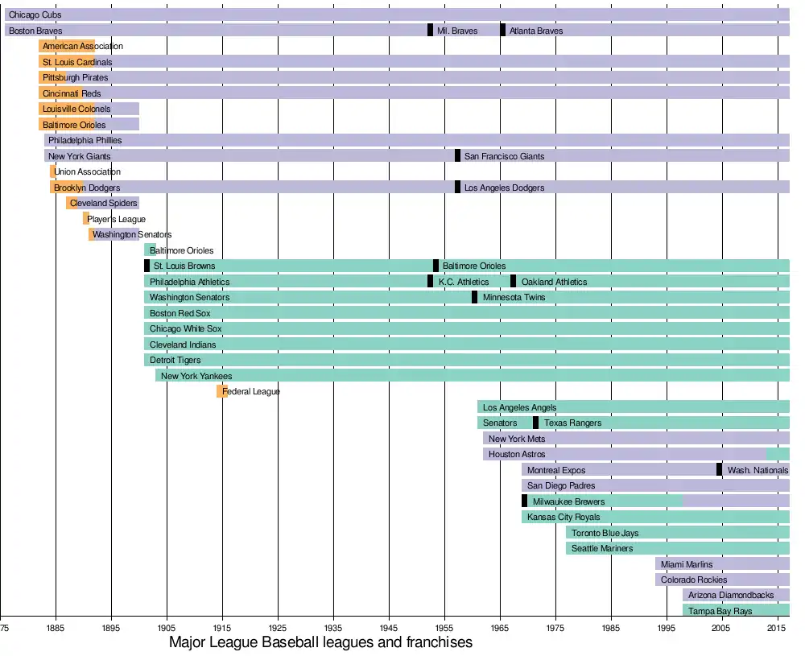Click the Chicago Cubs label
(35, 14)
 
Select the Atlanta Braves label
(536, 31)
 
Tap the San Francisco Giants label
(504, 156)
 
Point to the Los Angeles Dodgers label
(504, 188)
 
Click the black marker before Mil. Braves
(430, 31)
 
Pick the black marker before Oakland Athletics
(513, 282)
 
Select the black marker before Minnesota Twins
(474, 297)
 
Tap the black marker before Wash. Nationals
(719, 470)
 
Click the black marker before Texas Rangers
(535, 423)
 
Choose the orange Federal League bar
(221, 391)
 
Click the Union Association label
(87, 171)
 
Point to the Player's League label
(116, 219)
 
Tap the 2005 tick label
(720, 627)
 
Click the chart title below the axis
(320, 643)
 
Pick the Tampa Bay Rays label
(720, 611)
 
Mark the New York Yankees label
(196, 376)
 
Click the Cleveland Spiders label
(103, 203)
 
